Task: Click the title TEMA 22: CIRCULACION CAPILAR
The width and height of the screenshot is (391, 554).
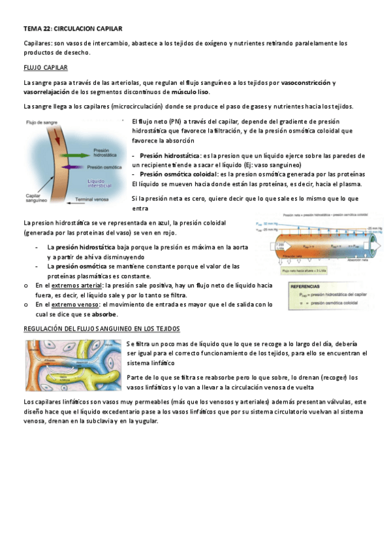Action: click(72, 29)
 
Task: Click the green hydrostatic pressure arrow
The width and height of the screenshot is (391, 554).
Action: click(73, 154)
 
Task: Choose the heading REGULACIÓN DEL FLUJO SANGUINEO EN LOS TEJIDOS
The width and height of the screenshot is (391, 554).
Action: click(101, 328)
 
